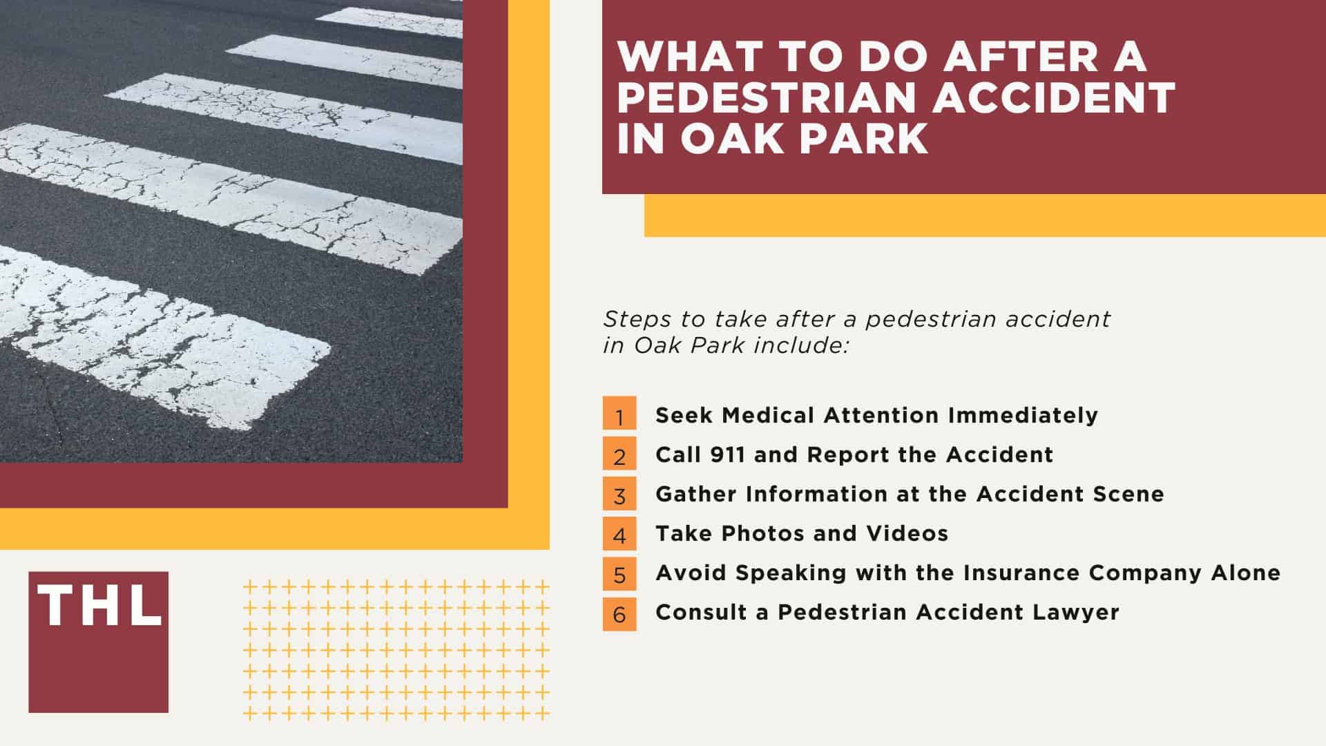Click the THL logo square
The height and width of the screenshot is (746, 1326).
(98, 642)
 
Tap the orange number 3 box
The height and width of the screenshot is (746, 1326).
(619, 493)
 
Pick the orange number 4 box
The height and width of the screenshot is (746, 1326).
(619, 533)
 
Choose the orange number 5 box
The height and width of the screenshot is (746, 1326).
(619, 573)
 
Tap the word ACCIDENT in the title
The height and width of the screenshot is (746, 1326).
(1054, 97)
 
